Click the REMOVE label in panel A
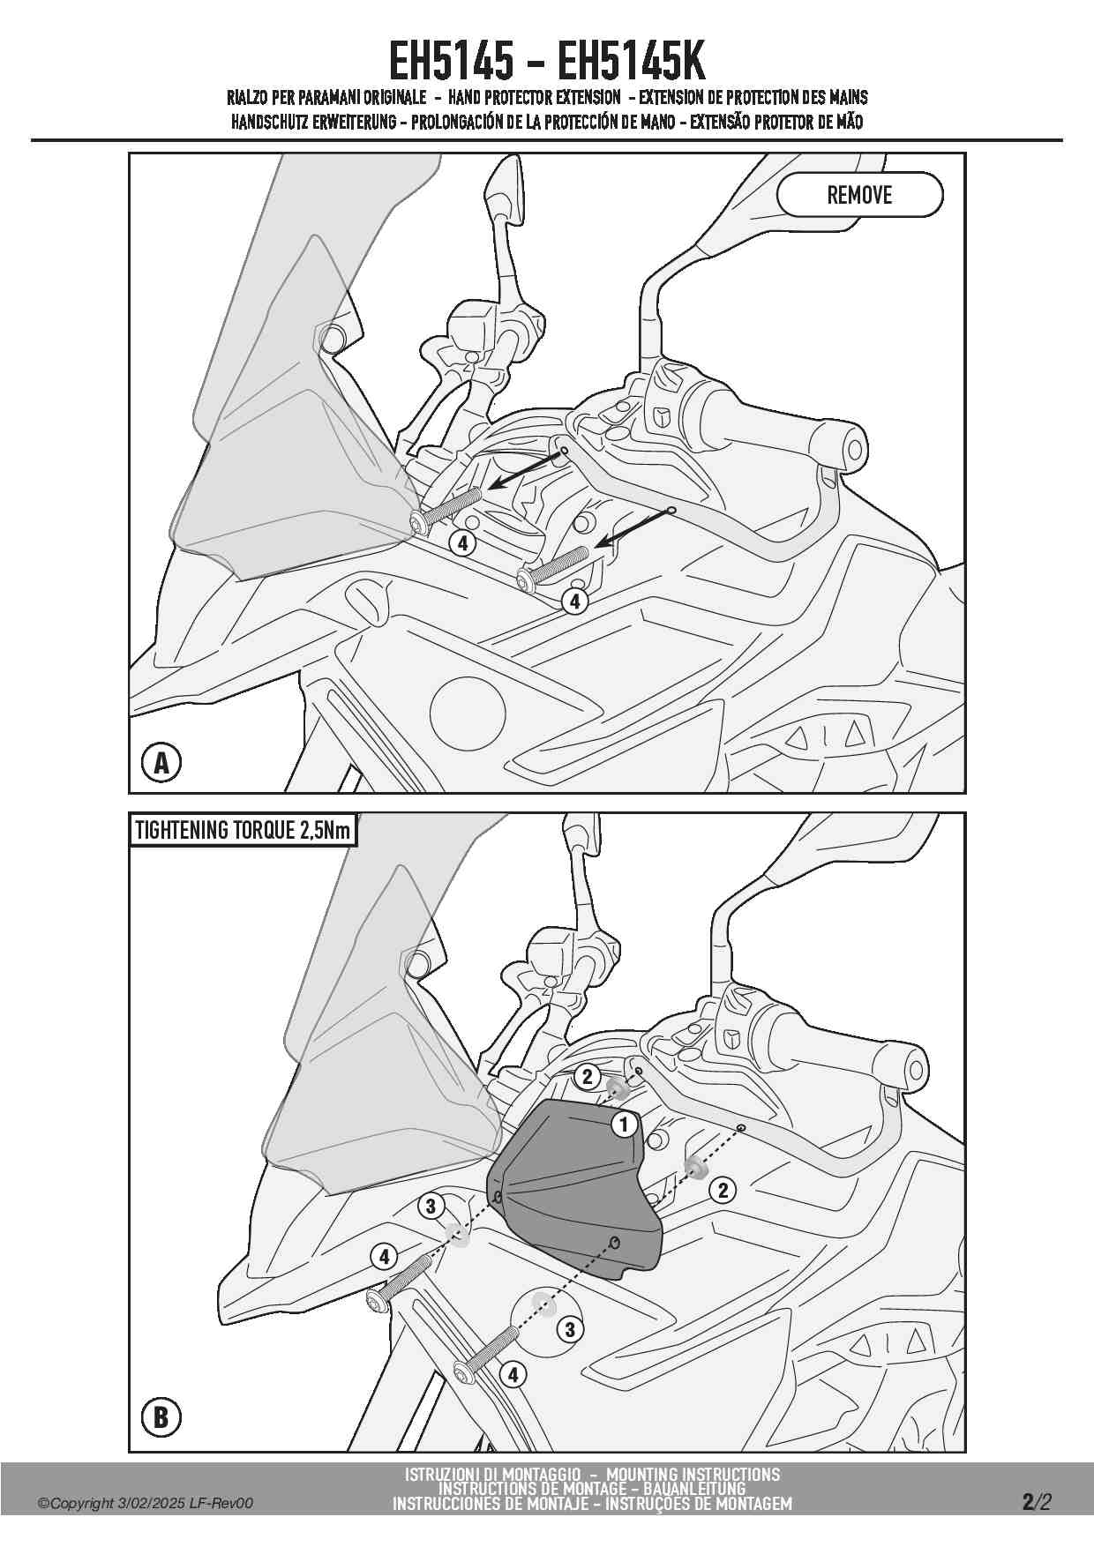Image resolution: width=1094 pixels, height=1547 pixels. click(859, 195)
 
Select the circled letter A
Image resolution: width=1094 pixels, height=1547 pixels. click(161, 762)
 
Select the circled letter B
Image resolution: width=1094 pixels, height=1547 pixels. click(161, 1417)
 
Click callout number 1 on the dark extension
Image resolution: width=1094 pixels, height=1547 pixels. click(625, 1125)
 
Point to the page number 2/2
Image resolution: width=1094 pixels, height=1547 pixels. click(1037, 1502)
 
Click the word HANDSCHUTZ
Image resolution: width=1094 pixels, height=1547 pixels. click(269, 122)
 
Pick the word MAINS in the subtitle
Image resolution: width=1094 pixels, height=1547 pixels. click(848, 97)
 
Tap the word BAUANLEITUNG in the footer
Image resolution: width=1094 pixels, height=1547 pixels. click(693, 1489)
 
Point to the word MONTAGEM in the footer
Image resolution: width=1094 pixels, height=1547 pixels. click(752, 1504)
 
